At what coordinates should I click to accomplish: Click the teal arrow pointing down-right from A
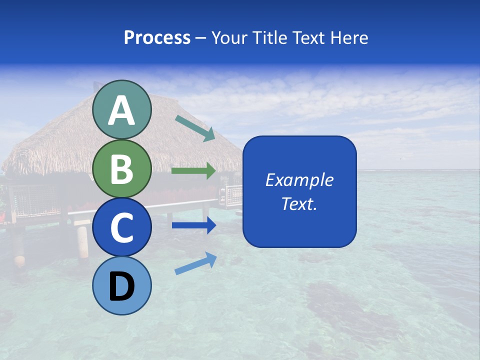195,128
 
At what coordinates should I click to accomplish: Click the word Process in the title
157,37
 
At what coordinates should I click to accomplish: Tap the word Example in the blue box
299,180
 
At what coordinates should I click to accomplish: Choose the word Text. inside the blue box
299,203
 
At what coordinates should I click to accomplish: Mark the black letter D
121,287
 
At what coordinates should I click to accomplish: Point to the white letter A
121,111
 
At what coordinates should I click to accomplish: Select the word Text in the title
308,37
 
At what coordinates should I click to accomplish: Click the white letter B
121,169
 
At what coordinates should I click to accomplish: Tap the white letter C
121,228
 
